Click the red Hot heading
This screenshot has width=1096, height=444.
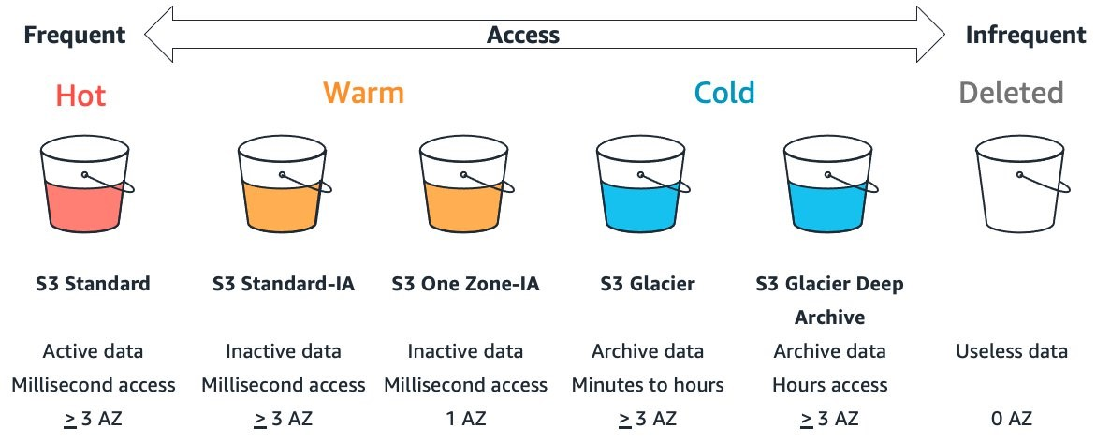80,96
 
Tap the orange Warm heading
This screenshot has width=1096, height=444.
363,93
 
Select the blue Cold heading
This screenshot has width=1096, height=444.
724,93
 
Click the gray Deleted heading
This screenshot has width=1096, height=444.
1012,93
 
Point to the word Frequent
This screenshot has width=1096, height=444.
75,35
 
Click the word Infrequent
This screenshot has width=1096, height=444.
1026,35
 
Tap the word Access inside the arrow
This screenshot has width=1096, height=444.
523,35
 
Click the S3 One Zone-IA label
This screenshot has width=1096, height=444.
465,284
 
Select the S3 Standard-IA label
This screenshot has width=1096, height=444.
284,284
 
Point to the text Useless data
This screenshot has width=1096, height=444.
1012,351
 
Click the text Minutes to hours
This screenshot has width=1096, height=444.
648,385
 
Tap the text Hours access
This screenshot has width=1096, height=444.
829,385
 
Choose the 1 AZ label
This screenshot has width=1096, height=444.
465,419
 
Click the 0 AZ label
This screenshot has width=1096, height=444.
1012,419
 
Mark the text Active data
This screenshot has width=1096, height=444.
94,351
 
